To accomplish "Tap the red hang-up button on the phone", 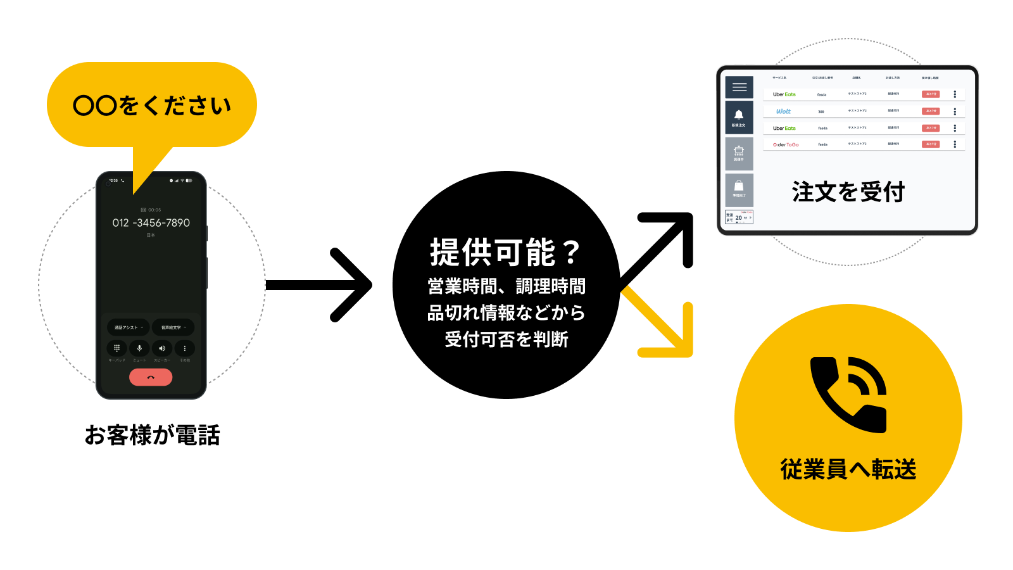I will [x=151, y=377].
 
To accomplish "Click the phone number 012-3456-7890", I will [x=151, y=223].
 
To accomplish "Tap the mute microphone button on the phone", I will [x=139, y=348].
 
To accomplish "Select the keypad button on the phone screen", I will [x=116, y=348].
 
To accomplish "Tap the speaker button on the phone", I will [x=162, y=348].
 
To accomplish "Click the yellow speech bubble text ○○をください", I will [x=152, y=105].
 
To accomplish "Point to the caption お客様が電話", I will [x=152, y=436].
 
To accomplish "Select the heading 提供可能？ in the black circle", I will [x=505, y=253].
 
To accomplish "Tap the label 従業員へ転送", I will [x=848, y=470].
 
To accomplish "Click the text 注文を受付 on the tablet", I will [x=848, y=192].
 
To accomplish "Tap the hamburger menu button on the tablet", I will [x=739, y=87].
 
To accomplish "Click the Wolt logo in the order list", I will [x=783, y=111].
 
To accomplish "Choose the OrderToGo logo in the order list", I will [x=786, y=144].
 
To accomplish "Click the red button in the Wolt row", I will [x=930, y=111].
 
